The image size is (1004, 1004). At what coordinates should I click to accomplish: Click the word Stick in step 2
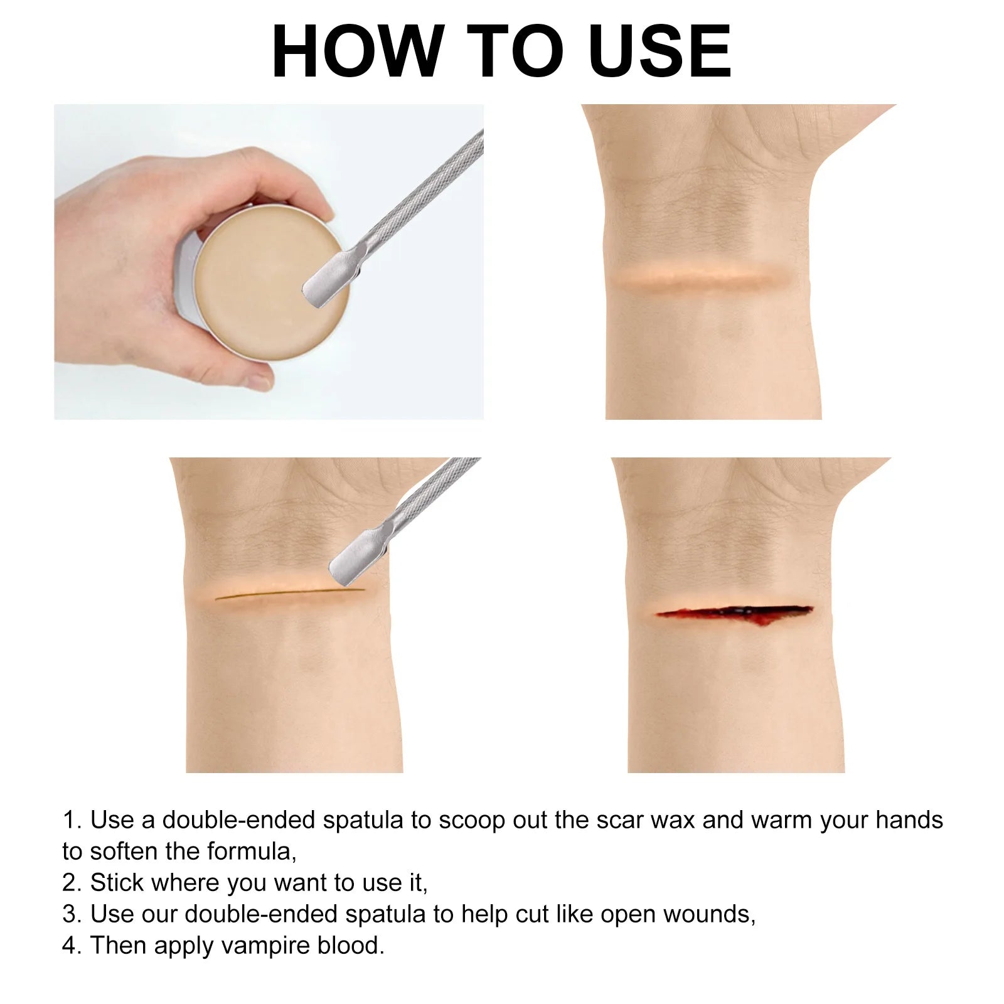point(117,883)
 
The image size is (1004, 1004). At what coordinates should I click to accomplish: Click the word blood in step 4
point(350,946)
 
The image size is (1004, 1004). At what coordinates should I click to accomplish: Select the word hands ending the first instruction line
point(909,820)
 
